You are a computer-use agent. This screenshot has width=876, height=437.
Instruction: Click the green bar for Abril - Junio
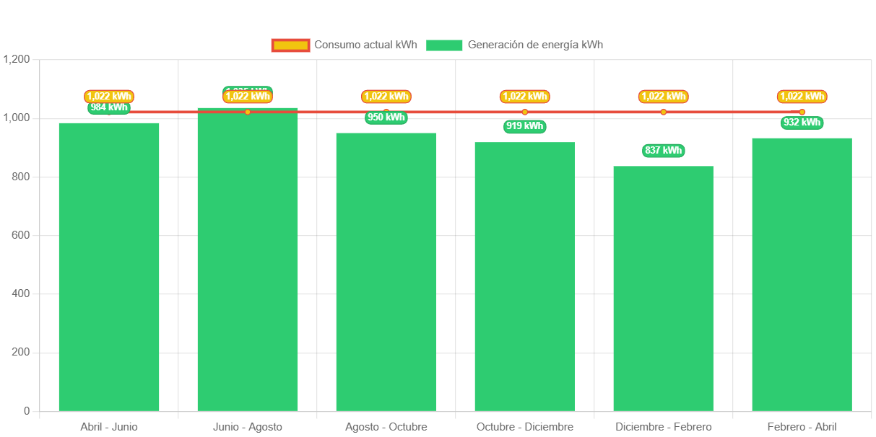109,267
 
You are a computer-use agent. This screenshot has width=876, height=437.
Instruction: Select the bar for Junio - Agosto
248,260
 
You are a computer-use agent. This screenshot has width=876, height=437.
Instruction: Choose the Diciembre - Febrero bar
664,288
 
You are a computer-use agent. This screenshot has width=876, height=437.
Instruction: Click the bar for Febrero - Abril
802,274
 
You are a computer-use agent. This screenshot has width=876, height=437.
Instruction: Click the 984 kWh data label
109,108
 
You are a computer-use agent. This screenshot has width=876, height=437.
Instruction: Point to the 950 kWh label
386,118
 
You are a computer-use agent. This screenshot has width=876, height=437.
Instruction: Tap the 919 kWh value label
525,126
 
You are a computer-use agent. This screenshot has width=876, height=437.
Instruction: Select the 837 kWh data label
664,151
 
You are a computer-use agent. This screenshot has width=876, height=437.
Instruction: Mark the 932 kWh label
802,123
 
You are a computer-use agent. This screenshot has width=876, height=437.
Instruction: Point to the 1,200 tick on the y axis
17,59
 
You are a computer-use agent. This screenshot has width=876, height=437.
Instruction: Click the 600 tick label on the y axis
22,235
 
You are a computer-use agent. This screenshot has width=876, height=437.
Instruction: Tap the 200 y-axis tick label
22,352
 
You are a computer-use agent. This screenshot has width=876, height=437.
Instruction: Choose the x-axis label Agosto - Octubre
386,427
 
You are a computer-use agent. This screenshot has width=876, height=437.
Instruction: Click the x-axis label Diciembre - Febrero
664,427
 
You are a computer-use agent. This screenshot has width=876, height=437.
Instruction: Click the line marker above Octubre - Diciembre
525,112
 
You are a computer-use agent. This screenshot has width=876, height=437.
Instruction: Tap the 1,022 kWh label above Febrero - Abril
802,97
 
